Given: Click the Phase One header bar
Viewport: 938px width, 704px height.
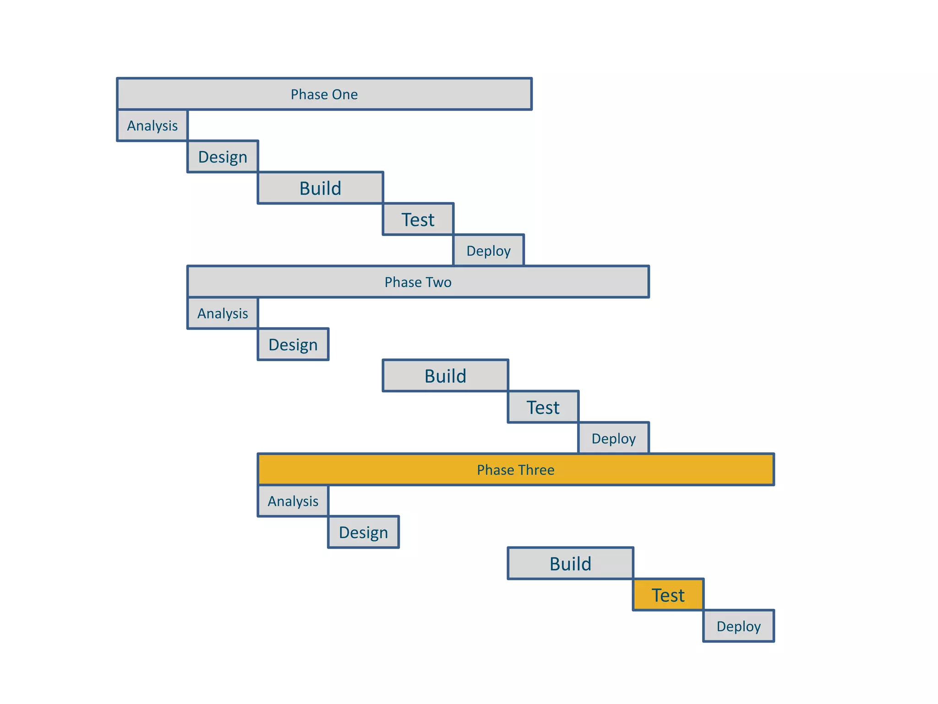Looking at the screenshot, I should point(324,94).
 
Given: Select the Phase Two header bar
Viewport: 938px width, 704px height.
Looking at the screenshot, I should point(418,282).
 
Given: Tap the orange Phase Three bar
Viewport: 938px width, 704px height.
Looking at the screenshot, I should point(516,470).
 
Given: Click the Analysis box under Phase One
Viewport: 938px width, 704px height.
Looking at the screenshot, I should point(153,125).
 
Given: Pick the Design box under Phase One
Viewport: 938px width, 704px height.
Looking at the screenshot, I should point(223,157).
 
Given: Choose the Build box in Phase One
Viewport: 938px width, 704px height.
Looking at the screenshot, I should point(320,188).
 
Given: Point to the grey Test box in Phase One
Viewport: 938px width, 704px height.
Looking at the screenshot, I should point(418,220).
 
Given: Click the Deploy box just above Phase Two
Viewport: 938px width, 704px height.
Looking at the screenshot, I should point(488,251).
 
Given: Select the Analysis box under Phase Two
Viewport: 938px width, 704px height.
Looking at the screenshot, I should point(223,313).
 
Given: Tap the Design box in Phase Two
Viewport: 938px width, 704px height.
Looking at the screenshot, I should point(293,345).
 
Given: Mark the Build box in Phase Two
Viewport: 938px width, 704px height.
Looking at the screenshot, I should point(445,376).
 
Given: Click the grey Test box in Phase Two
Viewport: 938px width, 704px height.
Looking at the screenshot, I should point(543,407).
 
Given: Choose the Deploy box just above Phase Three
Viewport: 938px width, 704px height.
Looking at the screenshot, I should point(613,439).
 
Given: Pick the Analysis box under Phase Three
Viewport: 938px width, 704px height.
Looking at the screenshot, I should point(293,501).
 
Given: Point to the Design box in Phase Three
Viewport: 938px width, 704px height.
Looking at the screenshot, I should point(363,532).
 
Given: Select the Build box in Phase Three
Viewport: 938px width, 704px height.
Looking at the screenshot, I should point(570,564).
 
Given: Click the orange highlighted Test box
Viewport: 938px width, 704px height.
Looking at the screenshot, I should point(668,595).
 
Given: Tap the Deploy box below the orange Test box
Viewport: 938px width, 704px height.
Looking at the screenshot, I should point(738,626).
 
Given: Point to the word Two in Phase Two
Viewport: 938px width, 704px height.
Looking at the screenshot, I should point(439,282).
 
